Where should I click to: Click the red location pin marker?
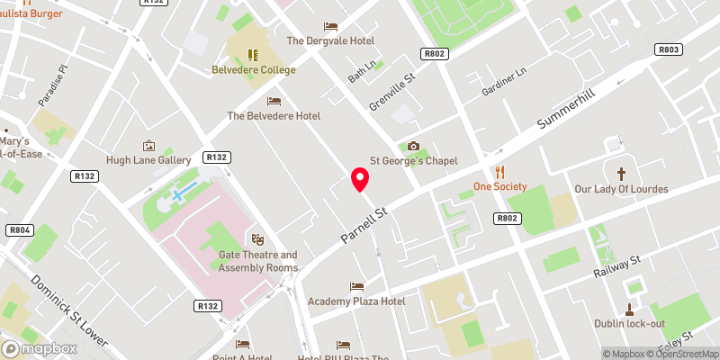click(x=360, y=179)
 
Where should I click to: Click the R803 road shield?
click(x=668, y=50)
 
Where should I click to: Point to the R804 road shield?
click(x=19, y=230)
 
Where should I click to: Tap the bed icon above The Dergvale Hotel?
click(x=330, y=26)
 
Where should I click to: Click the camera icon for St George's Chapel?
click(x=413, y=146)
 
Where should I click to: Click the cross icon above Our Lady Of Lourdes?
click(x=621, y=173)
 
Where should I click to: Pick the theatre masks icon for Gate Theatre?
click(x=257, y=239)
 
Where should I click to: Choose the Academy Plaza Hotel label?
click(x=356, y=301)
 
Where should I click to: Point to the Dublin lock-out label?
click(x=629, y=323)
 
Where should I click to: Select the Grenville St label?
click(x=391, y=93)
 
